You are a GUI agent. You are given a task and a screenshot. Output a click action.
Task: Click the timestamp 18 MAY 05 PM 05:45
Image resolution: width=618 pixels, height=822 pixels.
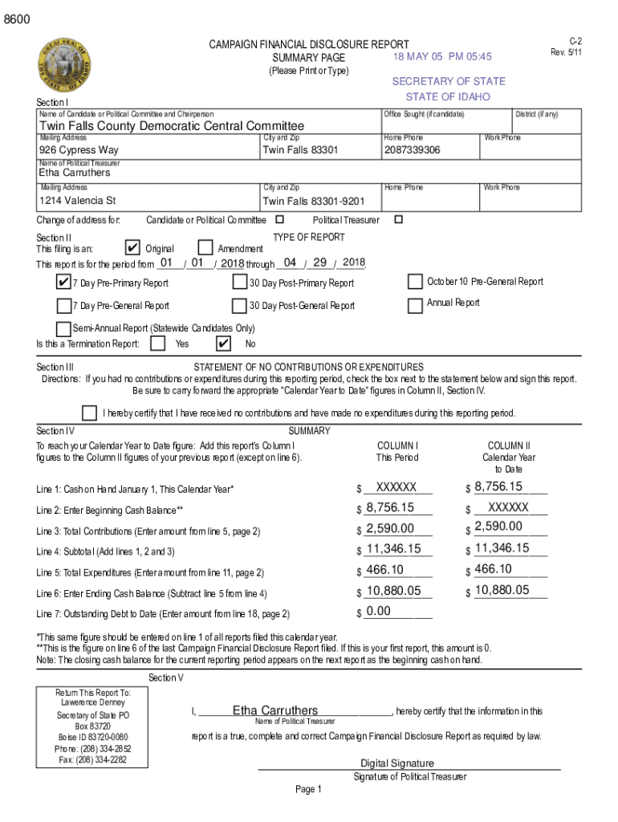(x=442, y=56)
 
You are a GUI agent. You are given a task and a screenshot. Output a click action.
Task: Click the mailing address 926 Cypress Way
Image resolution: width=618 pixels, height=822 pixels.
(x=79, y=150)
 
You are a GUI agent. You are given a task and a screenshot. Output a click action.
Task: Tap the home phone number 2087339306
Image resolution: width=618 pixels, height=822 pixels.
(x=412, y=150)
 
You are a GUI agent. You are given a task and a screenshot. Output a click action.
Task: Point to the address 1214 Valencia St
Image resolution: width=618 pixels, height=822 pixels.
(x=78, y=200)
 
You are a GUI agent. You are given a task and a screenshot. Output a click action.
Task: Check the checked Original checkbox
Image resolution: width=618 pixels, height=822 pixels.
(x=134, y=248)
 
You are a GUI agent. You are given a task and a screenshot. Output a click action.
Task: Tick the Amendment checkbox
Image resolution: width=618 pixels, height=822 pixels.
(x=205, y=248)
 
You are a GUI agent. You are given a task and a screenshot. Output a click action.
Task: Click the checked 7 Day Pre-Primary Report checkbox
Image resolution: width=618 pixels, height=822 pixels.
(x=63, y=283)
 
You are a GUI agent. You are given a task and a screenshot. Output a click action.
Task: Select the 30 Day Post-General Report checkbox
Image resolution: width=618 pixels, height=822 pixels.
(x=239, y=305)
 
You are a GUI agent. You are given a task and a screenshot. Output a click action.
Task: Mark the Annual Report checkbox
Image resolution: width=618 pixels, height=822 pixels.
(x=415, y=305)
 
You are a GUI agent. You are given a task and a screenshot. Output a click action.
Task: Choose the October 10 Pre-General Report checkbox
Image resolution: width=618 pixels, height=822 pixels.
(x=415, y=282)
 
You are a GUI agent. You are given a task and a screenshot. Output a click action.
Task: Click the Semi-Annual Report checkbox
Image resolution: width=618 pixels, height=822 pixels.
(x=63, y=328)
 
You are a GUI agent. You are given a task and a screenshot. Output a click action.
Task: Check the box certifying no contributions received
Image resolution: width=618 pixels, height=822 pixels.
(x=90, y=413)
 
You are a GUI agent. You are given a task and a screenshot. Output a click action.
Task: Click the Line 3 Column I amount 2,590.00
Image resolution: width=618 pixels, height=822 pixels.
(x=390, y=528)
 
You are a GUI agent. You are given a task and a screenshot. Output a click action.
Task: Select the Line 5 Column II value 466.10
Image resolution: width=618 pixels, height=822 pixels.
(x=493, y=569)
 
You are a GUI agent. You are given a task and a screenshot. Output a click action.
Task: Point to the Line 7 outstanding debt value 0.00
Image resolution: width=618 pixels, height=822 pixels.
(x=378, y=612)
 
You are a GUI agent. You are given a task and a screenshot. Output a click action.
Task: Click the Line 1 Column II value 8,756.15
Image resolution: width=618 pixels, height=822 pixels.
(x=498, y=486)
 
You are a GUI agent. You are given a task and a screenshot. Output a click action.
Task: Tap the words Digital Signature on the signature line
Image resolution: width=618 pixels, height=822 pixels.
(x=397, y=763)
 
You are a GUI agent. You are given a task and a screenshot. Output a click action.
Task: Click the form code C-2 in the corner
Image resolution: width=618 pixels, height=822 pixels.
(x=575, y=41)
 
